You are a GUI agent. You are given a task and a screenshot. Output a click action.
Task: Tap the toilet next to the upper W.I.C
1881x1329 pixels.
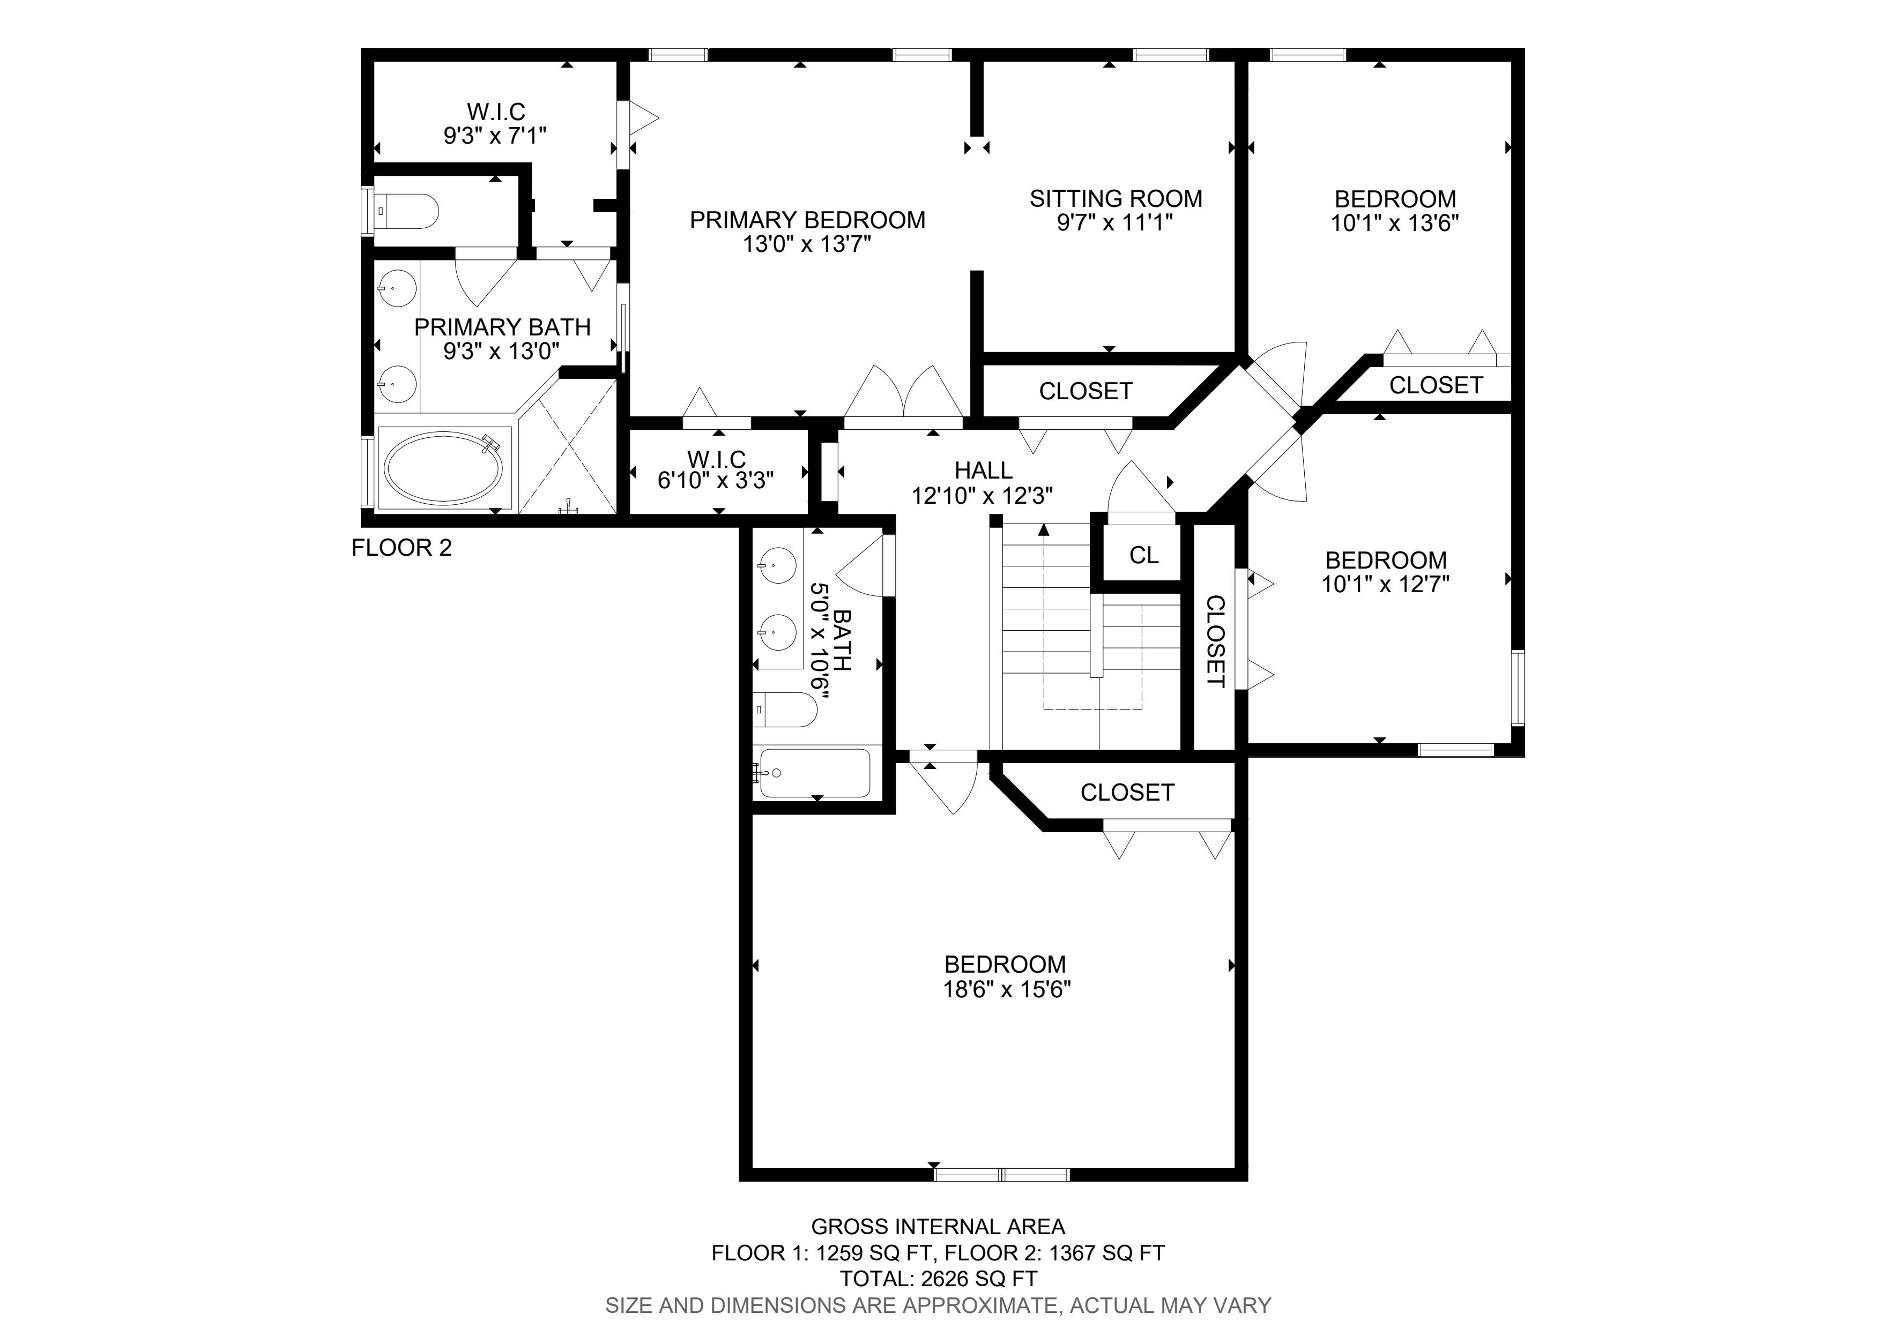(406, 211)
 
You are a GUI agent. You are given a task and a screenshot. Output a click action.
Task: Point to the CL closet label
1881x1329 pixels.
(1144, 555)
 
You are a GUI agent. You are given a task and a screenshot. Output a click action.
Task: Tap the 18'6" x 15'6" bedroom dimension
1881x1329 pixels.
(1007, 989)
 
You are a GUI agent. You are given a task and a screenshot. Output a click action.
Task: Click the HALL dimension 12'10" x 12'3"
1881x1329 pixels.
(982, 495)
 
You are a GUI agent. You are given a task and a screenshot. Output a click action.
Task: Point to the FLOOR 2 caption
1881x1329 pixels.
(402, 548)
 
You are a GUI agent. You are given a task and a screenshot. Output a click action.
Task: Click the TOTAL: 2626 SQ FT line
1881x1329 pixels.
(939, 1278)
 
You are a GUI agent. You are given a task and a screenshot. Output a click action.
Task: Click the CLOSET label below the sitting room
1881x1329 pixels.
(1086, 391)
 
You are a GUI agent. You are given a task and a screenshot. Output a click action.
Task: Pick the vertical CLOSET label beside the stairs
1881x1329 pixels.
(1216, 641)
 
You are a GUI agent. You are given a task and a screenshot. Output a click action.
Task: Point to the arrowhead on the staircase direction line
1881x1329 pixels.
(1044, 530)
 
